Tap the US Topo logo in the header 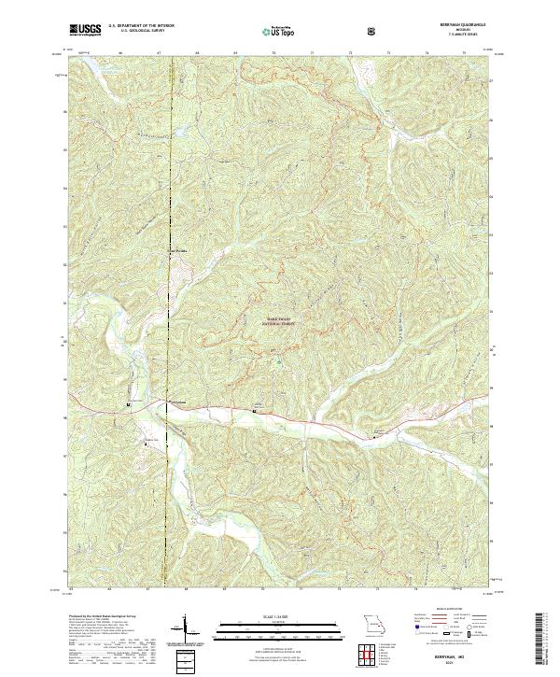[x=277, y=31]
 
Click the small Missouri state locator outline [x=370, y=623]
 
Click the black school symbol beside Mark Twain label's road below [x=255, y=408]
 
